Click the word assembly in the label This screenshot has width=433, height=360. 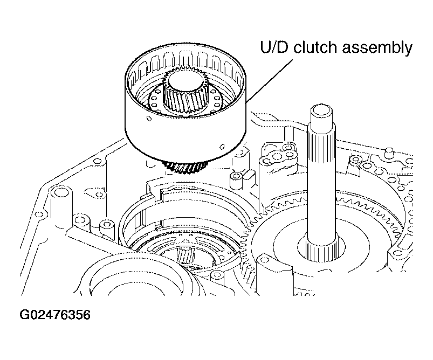pyautogui.click(x=377, y=48)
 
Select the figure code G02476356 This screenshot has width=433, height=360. pyautogui.click(x=55, y=315)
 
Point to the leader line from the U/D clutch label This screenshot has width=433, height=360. pyautogui.click(x=269, y=80)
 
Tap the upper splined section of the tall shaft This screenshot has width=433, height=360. pyautogui.click(x=321, y=143)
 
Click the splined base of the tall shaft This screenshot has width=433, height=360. pyautogui.click(x=322, y=250)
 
